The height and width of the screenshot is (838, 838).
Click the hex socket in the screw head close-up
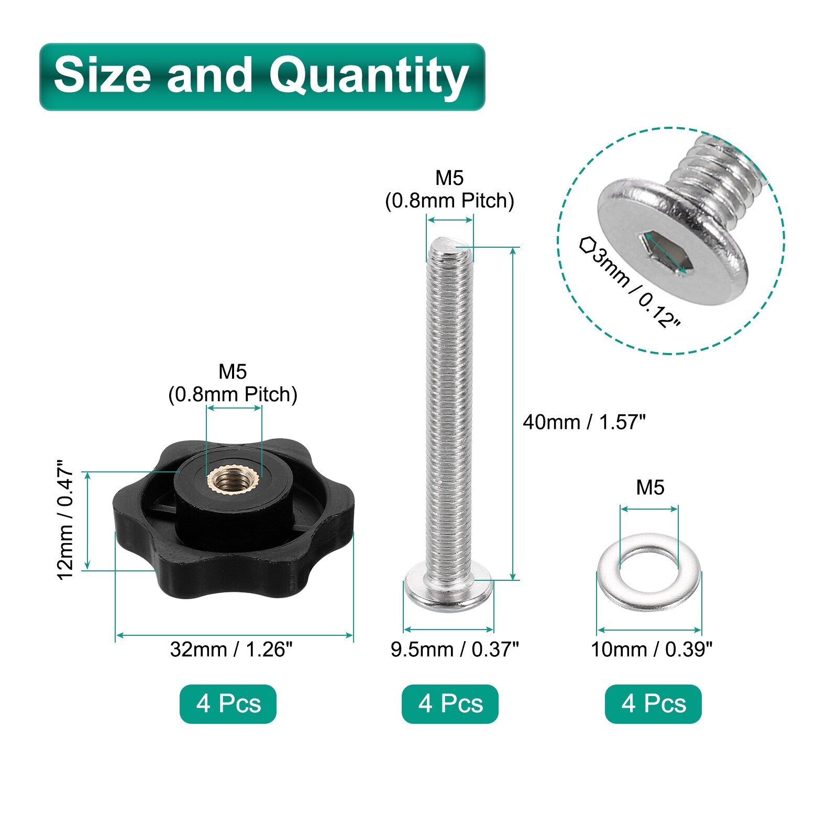664,252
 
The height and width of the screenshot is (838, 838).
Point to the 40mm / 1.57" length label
584,422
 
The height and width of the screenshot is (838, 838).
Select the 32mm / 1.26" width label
231,649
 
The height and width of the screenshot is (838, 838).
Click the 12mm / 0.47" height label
66,520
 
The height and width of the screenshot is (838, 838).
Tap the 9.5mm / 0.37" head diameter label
455,649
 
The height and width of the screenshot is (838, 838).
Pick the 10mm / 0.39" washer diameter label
652,649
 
